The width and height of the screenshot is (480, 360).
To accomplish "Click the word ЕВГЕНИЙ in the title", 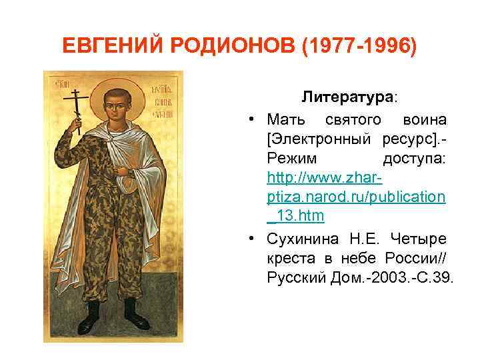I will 114,46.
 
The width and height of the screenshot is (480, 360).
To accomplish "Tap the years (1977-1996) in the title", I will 360,46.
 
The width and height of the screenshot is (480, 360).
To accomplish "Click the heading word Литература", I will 347,97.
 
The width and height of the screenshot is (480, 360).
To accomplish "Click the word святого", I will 353,120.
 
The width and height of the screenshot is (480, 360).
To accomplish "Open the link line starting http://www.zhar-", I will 324,178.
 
